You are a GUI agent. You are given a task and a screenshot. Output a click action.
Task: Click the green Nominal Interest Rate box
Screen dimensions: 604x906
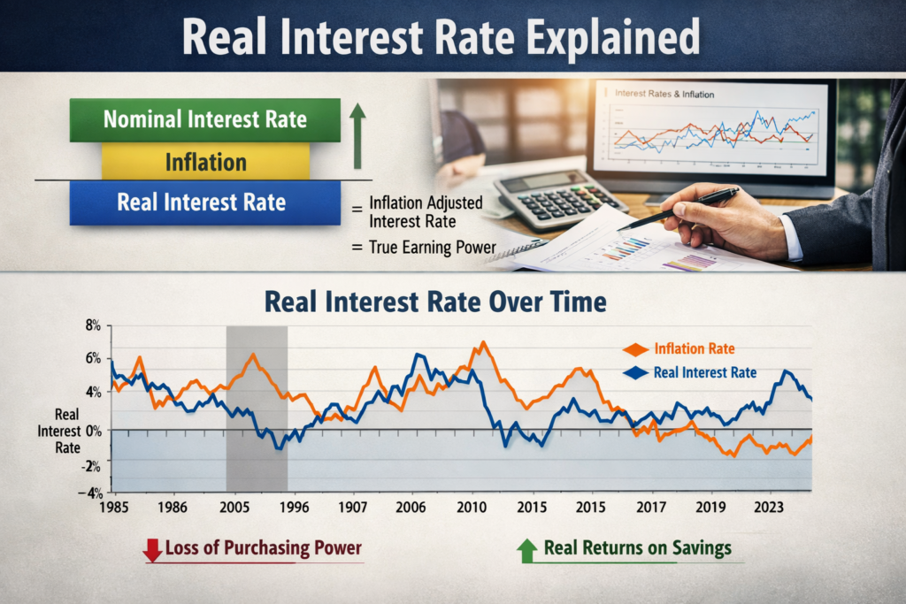coord(204,119)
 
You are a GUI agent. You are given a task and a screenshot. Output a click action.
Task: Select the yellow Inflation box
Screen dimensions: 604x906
coord(205,163)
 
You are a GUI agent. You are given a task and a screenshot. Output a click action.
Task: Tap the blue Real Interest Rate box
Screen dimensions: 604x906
coord(204,203)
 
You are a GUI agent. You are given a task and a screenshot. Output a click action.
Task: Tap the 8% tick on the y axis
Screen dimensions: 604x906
coord(94,325)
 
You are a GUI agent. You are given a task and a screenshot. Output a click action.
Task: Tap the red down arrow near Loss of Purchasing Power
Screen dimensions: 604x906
coord(152,550)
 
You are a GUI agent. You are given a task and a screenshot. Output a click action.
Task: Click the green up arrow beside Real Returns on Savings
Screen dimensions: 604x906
coord(527,550)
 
